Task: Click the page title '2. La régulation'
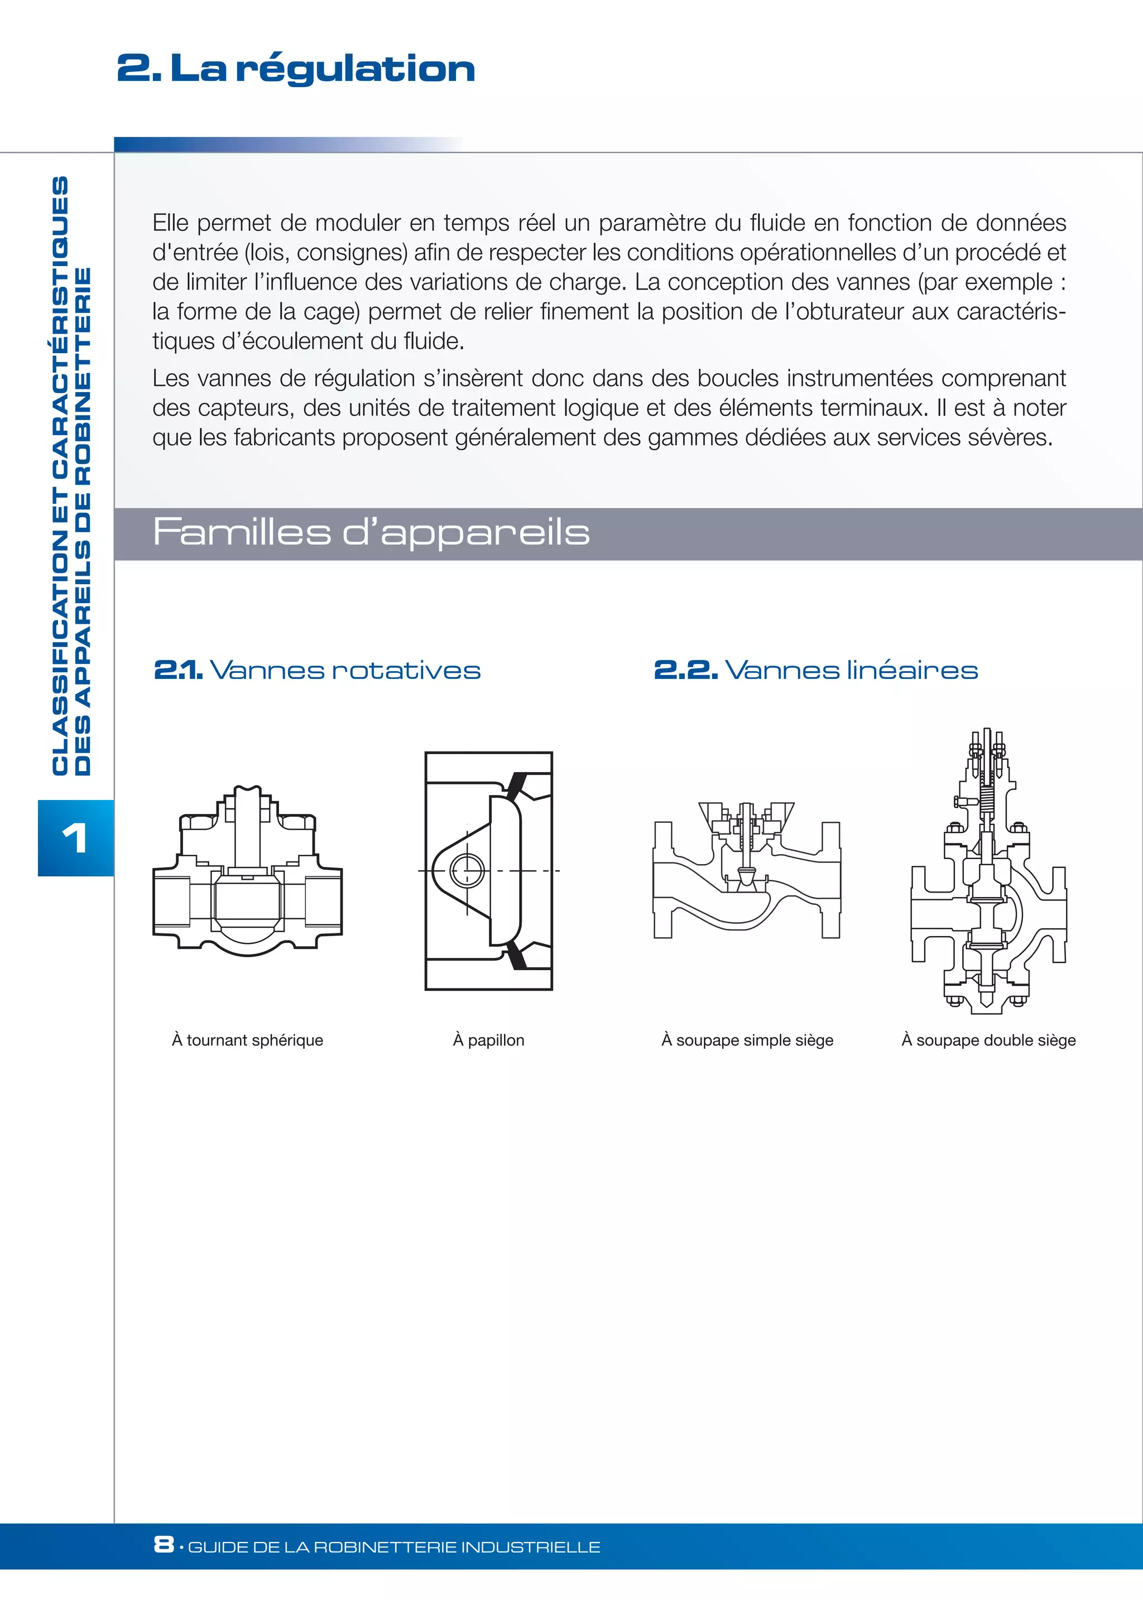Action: click(x=296, y=69)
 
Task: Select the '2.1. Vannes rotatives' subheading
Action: click(x=316, y=670)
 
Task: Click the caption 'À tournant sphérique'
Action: click(x=247, y=1040)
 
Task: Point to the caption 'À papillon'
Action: click(x=488, y=1040)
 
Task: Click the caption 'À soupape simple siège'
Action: click(x=747, y=1040)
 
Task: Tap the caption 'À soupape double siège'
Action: click(x=988, y=1040)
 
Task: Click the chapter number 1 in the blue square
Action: click(x=75, y=838)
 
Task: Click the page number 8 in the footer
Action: click(x=164, y=1544)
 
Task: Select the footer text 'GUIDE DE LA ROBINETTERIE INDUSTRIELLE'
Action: click(x=394, y=1546)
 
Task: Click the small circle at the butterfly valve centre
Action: click(x=467, y=871)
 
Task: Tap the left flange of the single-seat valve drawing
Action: click(x=662, y=880)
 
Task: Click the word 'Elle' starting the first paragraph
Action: click(x=170, y=223)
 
